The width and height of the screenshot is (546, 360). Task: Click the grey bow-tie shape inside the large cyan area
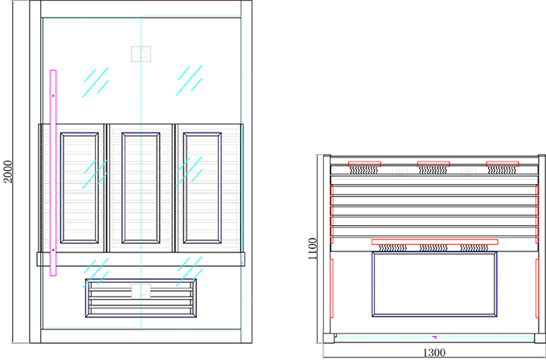tap(142, 53)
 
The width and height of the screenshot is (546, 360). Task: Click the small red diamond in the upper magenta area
tap(54, 96)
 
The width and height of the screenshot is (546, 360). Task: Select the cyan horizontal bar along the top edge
tap(189, 12)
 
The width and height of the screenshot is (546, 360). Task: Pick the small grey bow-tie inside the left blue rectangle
tap(141, 290)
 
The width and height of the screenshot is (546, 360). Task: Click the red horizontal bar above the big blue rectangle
tap(434, 243)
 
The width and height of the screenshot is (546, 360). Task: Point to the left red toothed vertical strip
tap(331, 213)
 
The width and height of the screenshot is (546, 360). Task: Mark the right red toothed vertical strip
tap(536, 213)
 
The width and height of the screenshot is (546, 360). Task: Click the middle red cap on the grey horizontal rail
tap(433, 165)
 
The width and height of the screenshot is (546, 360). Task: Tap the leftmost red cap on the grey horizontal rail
tap(364, 165)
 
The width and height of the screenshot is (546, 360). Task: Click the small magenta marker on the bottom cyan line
tap(435, 337)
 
